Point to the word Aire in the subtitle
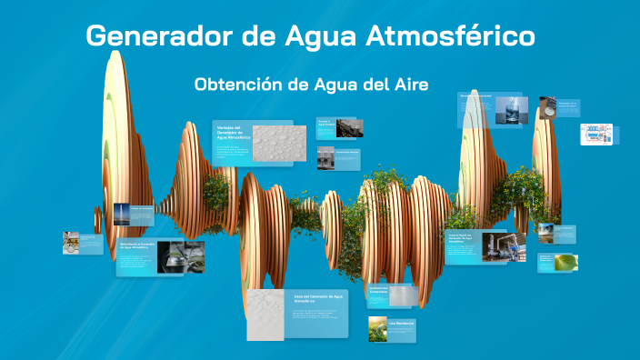410,84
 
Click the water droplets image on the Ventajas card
279,143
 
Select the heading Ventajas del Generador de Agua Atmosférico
232,132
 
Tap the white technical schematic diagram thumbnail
596,135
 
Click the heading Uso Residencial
401,323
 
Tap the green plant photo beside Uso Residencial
378,329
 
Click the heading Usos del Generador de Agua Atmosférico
318,298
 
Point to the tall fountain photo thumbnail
121,215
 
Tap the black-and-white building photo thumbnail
325,157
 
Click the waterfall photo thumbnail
545,234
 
